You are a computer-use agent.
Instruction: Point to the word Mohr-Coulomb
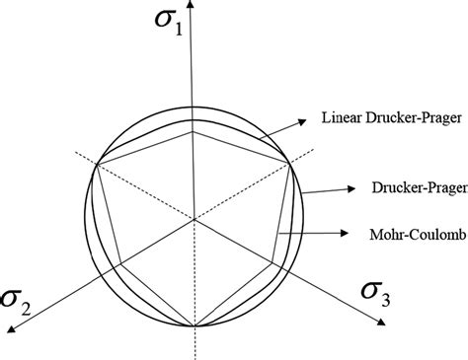(x=404, y=234)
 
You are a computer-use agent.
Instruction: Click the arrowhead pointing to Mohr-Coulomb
(x=346, y=234)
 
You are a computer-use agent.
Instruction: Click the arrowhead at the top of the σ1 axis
(x=195, y=6)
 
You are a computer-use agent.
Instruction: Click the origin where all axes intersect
(x=195, y=218)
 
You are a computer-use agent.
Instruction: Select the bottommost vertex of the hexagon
(x=195, y=325)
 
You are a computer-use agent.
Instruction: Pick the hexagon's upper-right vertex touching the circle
(x=290, y=162)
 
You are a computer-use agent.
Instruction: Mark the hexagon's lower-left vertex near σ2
(x=118, y=262)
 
